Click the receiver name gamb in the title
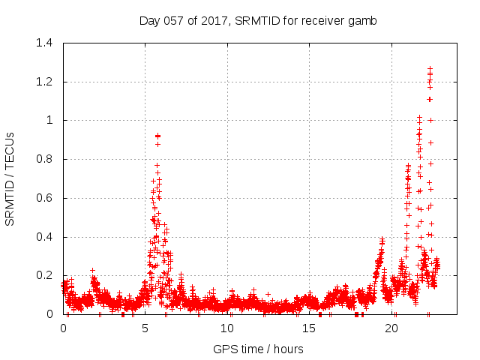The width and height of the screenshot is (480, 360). pos(363,20)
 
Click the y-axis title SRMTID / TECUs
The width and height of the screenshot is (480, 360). pos(10,178)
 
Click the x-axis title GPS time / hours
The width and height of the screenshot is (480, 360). pos(258,349)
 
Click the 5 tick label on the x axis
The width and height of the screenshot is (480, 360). pos(145,328)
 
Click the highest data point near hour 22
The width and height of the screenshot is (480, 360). pos(430,69)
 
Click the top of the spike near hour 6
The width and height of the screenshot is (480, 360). pos(157,136)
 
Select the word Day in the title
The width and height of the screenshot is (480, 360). pos(150,20)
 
